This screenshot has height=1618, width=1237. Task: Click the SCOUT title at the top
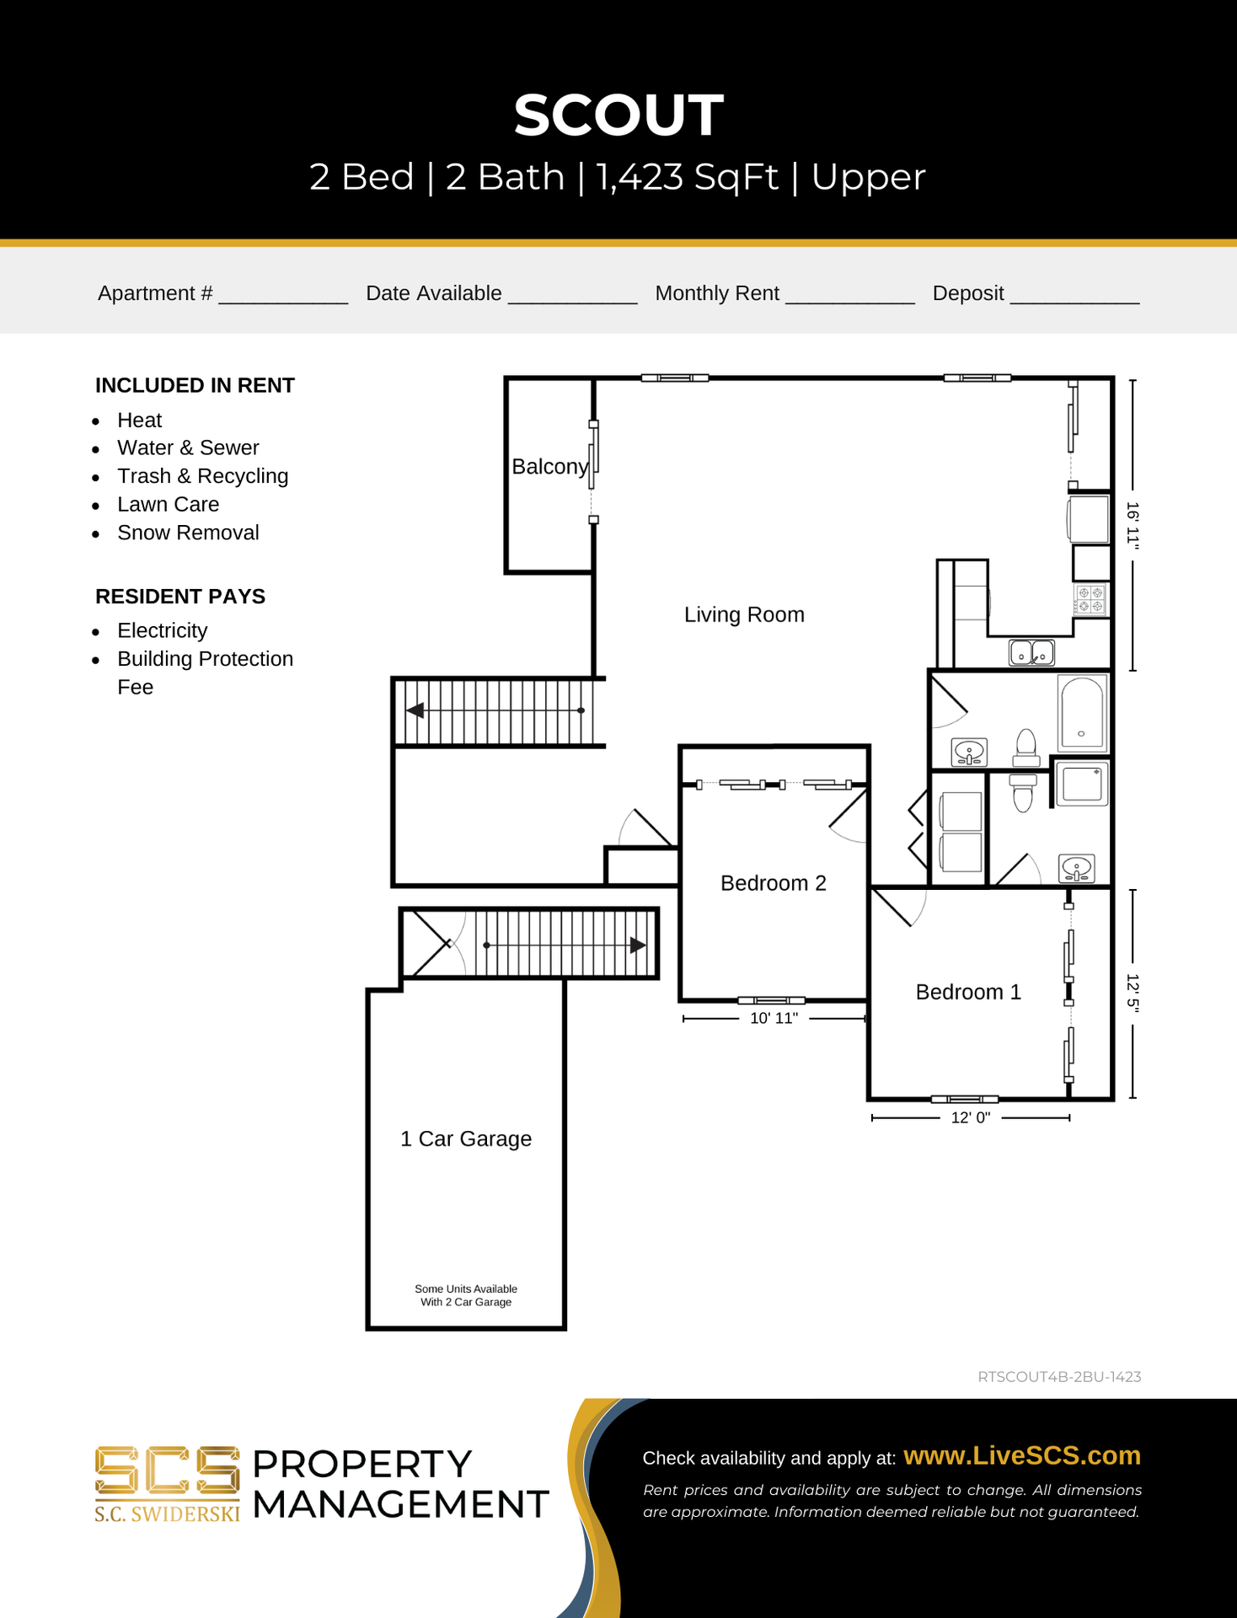[618, 115]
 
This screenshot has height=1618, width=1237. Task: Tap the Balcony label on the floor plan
[550, 467]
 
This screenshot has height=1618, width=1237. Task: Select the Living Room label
[744, 614]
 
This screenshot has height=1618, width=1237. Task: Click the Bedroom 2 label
[774, 883]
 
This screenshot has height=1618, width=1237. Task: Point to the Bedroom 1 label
[968, 992]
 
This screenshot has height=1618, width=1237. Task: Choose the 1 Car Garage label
[466, 1138]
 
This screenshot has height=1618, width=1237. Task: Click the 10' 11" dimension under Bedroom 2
[774, 1018]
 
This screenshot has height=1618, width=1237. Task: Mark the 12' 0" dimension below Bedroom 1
[971, 1117]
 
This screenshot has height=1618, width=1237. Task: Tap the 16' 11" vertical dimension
[1133, 526]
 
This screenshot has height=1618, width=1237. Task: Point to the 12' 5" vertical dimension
[1133, 994]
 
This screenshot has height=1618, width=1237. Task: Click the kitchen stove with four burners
[1091, 599]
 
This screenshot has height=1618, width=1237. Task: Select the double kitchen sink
[1032, 652]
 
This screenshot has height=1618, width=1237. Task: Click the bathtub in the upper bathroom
[1082, 713]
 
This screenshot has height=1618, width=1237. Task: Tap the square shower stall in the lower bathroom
[1082, 784]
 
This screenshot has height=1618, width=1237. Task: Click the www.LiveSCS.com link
[1022, 1455]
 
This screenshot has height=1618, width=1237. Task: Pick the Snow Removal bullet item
[188, 533]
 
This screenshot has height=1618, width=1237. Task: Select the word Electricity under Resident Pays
[162, 630]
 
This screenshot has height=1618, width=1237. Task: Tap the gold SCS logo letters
[167, 1471]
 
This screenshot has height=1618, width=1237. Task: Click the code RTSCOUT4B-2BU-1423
[1059, 1377]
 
